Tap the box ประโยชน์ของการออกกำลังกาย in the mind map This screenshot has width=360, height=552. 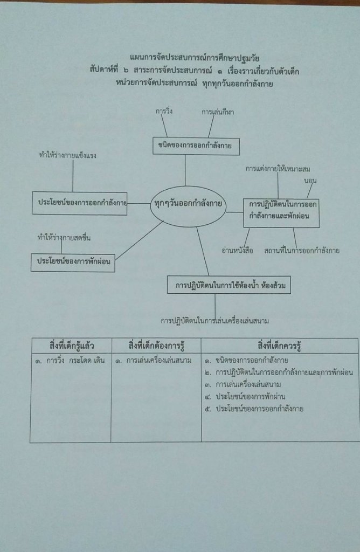pos(79,203)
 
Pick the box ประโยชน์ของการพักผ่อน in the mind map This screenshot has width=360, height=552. pos(73,261)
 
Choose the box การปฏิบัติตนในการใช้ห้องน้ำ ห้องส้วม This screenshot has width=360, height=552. pos(229,286)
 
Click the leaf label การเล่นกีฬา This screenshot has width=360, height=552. pos(218,113)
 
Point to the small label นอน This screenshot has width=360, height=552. pos(310,179)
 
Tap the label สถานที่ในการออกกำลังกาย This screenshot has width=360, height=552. pos(301,251)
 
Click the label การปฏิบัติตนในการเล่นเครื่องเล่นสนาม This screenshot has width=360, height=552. pos(214,321)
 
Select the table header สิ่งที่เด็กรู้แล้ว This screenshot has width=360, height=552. pos(71,345)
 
